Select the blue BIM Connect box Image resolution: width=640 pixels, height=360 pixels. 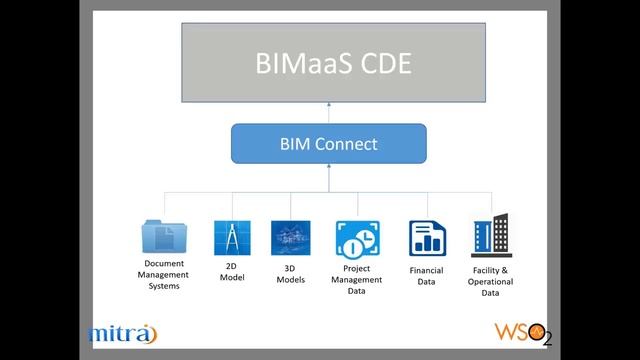328,144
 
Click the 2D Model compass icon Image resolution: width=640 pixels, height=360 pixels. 231,238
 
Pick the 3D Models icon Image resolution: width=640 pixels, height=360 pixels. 290,238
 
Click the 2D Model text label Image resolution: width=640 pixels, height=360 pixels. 232,272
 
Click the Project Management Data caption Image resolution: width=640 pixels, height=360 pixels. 356,280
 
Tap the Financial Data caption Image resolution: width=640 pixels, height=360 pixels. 426,275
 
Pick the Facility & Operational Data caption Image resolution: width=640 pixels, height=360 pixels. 490,280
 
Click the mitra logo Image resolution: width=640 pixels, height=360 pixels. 122,333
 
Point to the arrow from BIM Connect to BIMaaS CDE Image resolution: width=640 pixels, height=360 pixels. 328,113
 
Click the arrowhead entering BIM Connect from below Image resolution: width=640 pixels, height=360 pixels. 328,169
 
